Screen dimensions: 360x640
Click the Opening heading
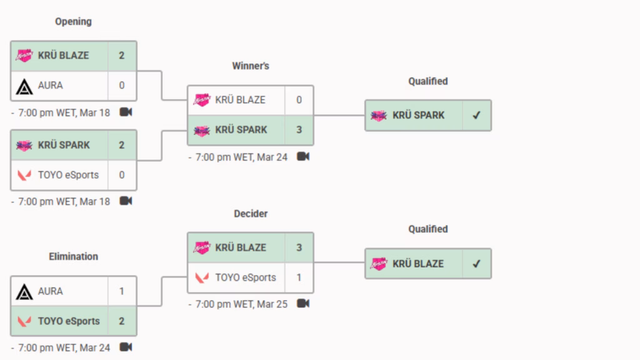(x=73, y=21)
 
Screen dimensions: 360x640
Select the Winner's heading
(x=250, y=66)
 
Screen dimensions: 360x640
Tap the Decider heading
(x=250, y=214)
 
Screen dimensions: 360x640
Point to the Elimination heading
(x=73, y=256)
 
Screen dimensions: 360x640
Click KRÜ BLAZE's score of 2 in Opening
(x=121, y=55)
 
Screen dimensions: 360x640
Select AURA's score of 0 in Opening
(x=121, y=85)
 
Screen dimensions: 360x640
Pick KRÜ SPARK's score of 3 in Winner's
(x=299, y=130)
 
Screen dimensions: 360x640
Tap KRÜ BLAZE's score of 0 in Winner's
(x=299, y=100)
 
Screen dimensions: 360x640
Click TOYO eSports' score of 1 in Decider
(x=299, y=277)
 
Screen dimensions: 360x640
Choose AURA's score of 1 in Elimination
(x=121, y=291)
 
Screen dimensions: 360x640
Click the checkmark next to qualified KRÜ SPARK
(x=476, y=115)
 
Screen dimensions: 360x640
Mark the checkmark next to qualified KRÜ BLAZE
(x=476, y=264)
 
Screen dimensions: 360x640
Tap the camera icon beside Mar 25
(x=303, y=304)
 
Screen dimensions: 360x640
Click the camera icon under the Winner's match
(x=303, y=156)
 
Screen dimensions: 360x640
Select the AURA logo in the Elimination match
(x=24, y=291)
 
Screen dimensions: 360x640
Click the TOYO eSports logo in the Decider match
(x=202, y=277)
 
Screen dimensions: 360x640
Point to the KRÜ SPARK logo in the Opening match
(x=24, y=145)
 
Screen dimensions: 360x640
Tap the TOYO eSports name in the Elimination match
(x=69, y=321)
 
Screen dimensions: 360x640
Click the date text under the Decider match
(x=241, y=304)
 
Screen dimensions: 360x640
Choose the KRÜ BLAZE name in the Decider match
(x=241, y=247)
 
